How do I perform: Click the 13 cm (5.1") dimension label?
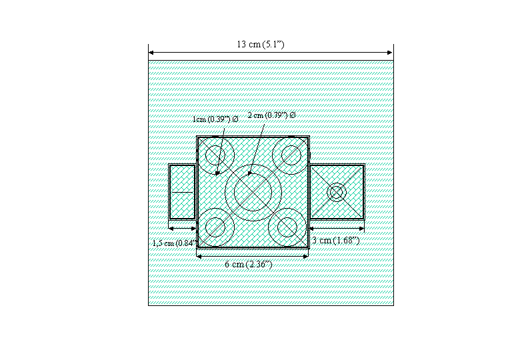point(260,45)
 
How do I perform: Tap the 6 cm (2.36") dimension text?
point(249,265)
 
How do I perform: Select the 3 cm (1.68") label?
point(336,240)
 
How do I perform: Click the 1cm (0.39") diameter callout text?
point(215,119)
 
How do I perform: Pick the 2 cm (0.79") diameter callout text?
point(271,115)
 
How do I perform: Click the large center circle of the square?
point(253,192)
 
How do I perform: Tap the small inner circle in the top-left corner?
point(215,155)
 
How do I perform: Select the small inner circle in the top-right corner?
point(291,155)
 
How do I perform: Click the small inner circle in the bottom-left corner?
point(215,227)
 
